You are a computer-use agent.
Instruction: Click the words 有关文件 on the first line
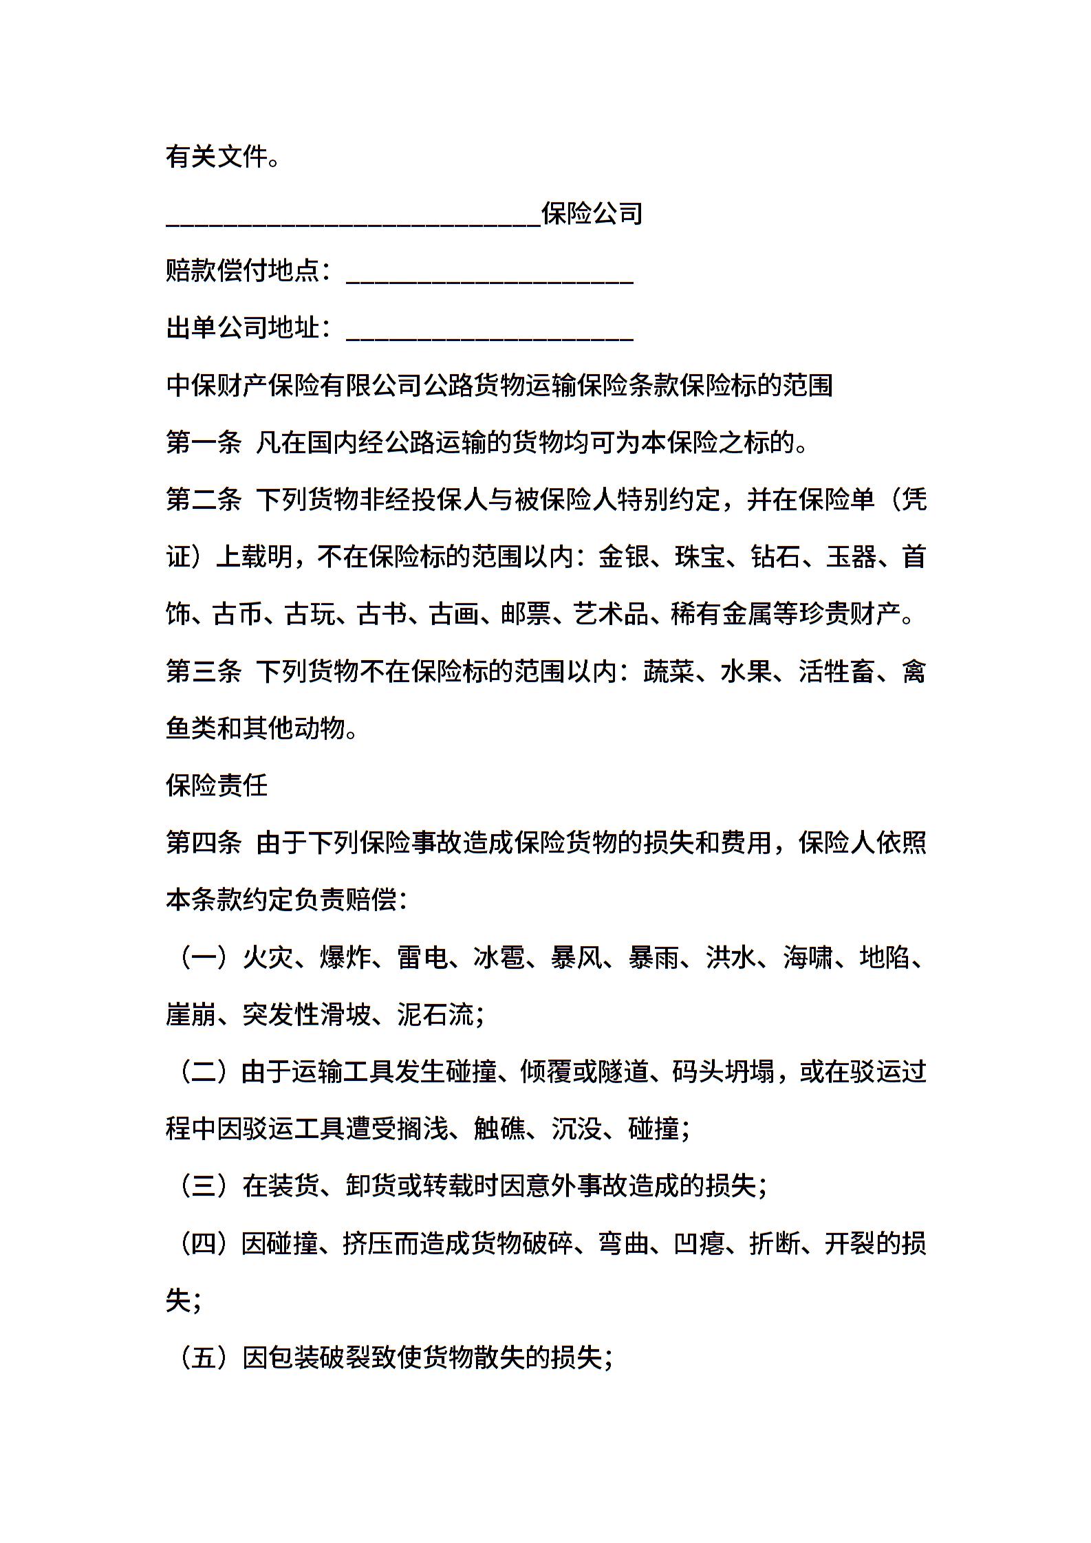216,157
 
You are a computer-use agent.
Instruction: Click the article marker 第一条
204,443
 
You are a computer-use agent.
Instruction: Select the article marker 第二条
204,500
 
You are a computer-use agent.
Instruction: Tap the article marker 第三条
204,671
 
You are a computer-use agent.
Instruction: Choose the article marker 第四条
204,842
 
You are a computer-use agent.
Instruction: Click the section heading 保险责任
217,785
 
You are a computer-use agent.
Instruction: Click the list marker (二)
204,1072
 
